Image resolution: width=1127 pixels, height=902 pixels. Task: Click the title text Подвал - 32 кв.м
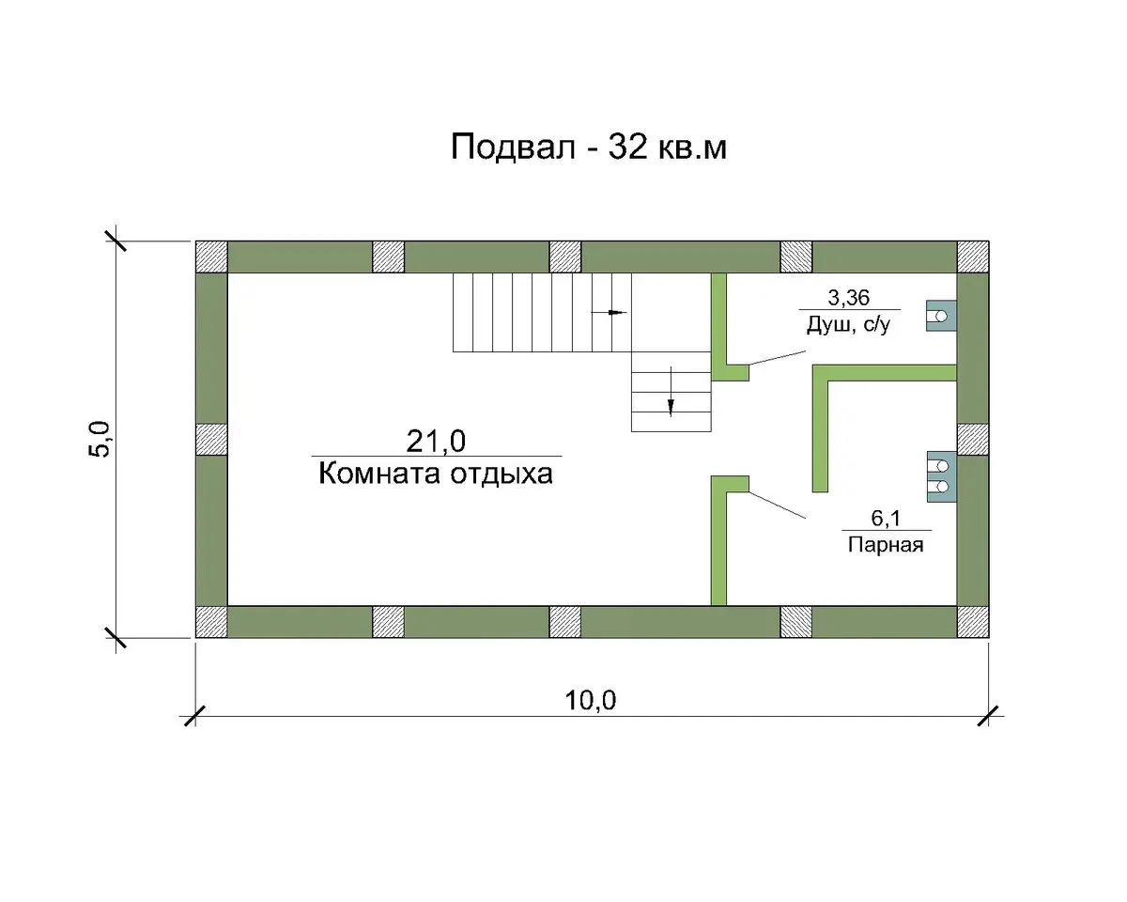click(x=589, y=147)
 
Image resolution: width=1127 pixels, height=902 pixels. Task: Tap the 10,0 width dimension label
click(x=590, y=700)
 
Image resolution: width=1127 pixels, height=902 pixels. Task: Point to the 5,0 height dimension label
click(x=99, y=439)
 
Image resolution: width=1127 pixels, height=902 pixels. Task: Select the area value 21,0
click(x=436, y=442)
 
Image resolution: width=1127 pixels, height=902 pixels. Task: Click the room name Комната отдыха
click(x=436, y=474)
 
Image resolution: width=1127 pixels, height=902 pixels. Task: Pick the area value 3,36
click(x=848, y=298)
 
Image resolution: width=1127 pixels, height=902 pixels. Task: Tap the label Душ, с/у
click(x=848, y=325)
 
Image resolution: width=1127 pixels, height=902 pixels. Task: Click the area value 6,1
click(x=886, y=518)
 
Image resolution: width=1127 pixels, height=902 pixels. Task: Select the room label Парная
click(x=886, y=545)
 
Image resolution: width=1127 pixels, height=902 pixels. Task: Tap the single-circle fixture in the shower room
click(x=941, y=316)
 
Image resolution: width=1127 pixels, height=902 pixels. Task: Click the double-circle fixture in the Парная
click(x=942, y=476)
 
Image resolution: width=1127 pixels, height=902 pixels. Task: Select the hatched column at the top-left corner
click(x=211, y=257)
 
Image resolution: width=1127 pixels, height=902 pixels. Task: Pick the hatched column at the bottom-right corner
click(x=973, y=622)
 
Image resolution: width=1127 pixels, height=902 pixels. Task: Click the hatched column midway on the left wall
click(x=211, y=439)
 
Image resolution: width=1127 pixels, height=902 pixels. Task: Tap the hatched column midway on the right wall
click(x=973, y=439)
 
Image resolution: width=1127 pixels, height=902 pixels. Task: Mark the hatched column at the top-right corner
click(x=973, y=257)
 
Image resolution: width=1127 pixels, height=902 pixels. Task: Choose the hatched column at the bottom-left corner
click(x=211, y=622)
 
